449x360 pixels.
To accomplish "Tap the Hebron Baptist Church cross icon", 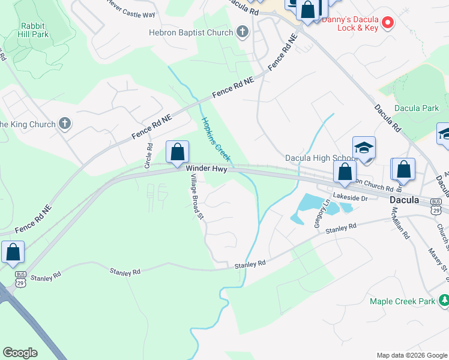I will pos(242,32).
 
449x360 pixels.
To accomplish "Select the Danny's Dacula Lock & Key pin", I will pos(388,23).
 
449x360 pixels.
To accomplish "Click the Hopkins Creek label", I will pos(215,139).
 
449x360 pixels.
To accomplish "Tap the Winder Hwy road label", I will pos(206,170).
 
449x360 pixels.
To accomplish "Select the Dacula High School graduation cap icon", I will pos(364,148).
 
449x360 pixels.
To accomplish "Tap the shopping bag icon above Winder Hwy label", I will pos(177,152).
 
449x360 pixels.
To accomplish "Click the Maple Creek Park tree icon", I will pos(444,300).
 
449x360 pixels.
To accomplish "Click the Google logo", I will pos(20,353).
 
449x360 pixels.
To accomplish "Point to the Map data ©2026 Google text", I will pos(411,355).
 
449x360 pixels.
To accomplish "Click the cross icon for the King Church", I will pos(65,124).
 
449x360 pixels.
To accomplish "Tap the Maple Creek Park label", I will pos(402,301).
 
